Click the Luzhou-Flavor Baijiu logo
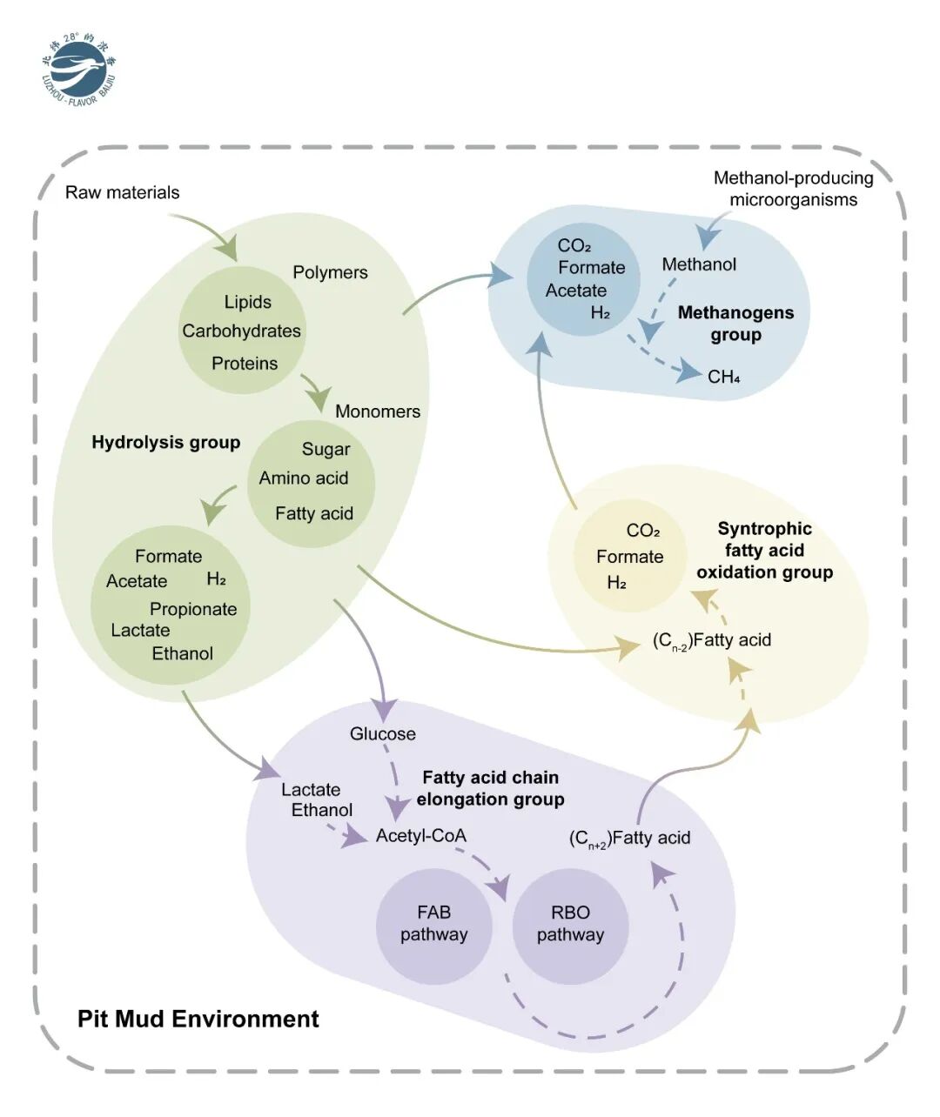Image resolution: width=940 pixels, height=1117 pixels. point(79,70)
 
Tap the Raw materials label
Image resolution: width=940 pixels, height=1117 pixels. point(122,192)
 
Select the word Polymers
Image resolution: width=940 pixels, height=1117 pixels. point(330,272)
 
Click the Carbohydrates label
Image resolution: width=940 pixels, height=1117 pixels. point(241,331)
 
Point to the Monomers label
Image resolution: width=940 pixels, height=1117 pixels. point(378,411)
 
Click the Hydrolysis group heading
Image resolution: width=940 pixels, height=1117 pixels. point(166,443)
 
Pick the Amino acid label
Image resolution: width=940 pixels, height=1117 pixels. point(304,478)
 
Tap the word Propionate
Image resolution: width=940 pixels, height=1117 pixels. point(193,609)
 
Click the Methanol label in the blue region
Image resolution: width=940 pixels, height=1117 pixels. point(699,264)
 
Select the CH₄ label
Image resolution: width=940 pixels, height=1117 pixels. point(724,378)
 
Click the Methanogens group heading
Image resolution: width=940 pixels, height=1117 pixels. point(736,324)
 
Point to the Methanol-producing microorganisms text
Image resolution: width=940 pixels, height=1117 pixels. point(793,189)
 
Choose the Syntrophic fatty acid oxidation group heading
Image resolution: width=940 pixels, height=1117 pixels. point(764,551)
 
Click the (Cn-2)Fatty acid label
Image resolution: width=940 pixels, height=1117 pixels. point(712,640)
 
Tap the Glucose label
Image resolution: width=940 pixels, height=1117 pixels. point(383,733)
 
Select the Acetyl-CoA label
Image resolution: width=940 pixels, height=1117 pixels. point(420,836)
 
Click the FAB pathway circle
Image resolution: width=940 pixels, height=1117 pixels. point(433,927)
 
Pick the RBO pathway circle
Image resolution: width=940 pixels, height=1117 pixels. point(571,927)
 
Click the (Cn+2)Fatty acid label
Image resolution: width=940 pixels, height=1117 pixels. point(629,839)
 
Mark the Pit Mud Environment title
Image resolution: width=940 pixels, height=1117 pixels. point(198,1019)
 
